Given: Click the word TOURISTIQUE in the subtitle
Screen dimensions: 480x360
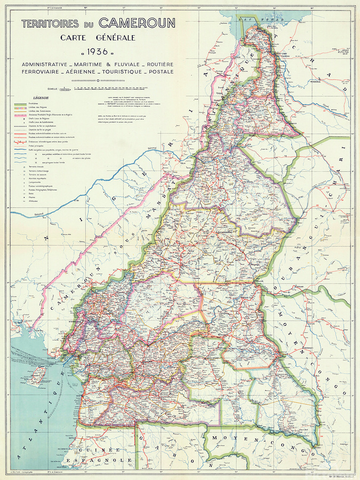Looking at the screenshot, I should point(114,71).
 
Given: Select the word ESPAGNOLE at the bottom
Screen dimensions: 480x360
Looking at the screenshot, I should point(113,460).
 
